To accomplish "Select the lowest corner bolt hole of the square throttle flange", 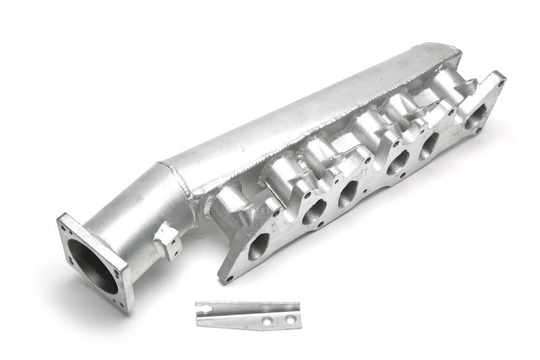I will [123, 300].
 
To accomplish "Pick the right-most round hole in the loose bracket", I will [290, 317].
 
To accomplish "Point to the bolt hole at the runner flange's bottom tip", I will [230, 278].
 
